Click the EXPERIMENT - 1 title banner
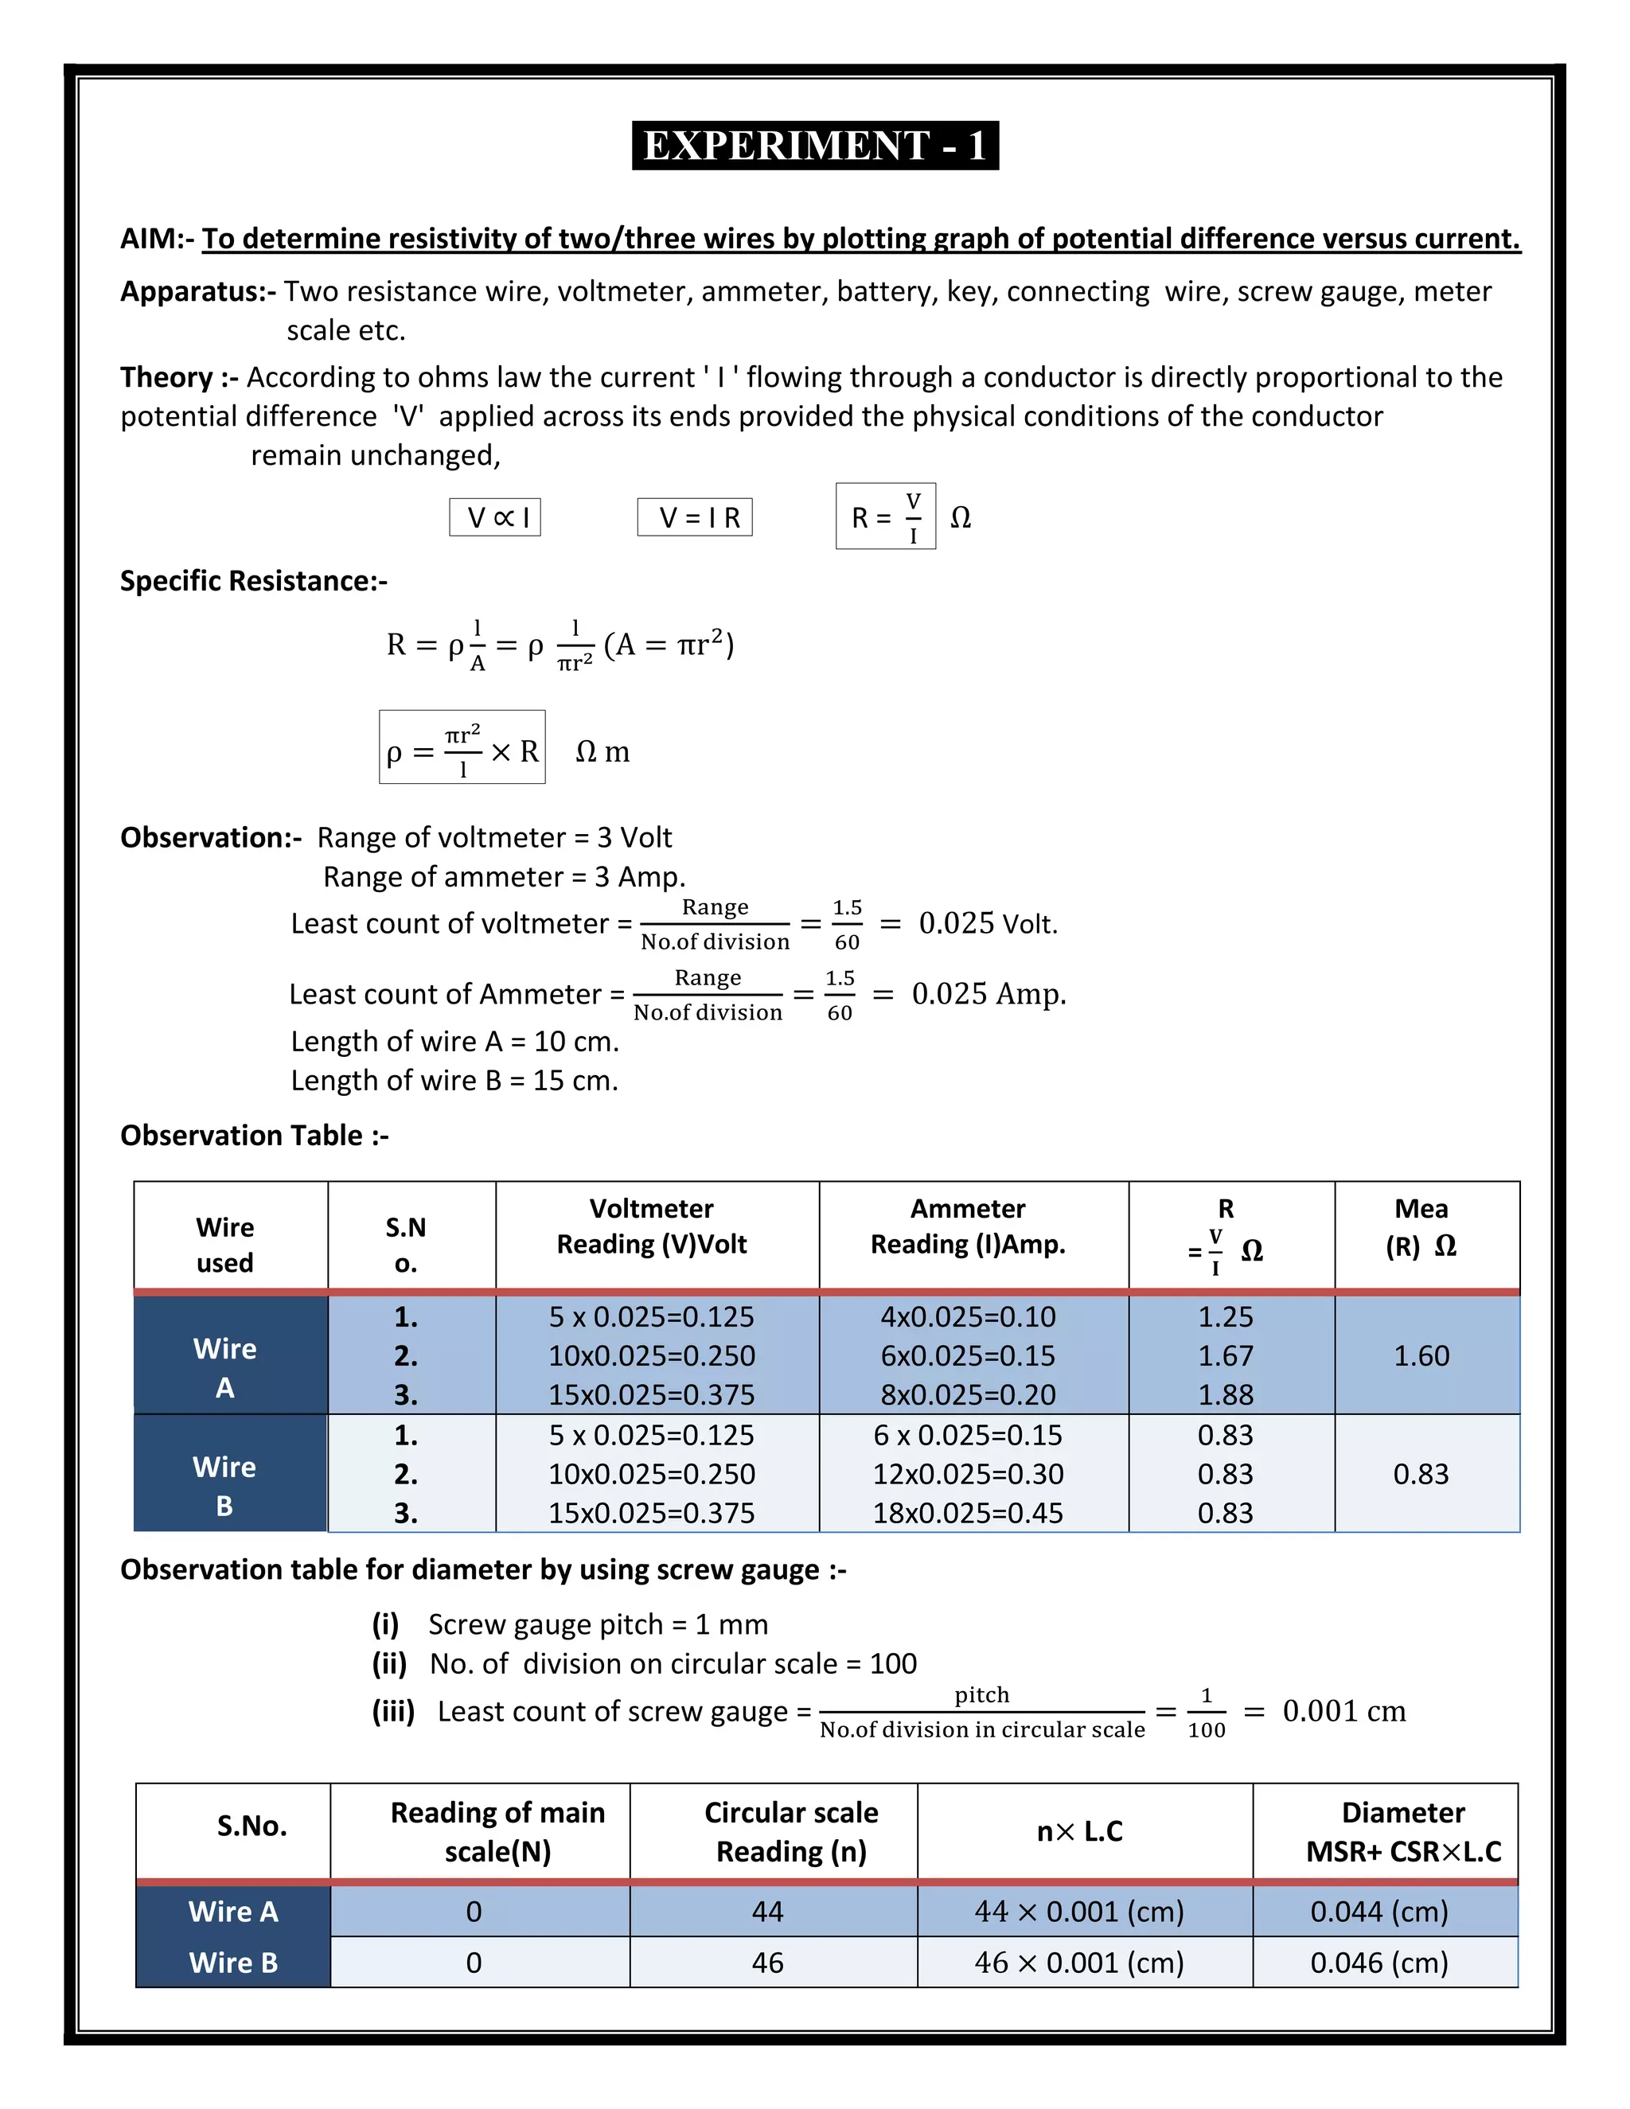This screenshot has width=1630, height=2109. (x=815, y=146)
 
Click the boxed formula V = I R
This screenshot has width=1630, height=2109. (x=694, y=517)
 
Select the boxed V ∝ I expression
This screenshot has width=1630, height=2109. (x=494, y=517)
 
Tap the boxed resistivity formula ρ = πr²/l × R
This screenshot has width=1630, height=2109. (x=462, y=748)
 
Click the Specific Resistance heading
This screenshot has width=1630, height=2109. (x=253, y=581)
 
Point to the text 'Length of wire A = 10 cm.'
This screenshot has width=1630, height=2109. (x=454, y=1041)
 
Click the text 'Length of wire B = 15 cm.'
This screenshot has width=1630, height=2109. (x=454, y=1081)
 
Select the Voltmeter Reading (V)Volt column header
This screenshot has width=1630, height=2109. (x=652, y=1226)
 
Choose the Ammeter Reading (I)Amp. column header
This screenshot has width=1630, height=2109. (x=968, y=1226)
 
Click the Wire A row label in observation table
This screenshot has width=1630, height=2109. (x=225, y=1366)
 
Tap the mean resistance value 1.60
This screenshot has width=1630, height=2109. (x=1421, y=1356)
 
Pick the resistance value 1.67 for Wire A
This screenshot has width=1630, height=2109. (x=1224, y=1356)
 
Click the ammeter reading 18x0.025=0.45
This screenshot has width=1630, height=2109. (x=968, y=1513)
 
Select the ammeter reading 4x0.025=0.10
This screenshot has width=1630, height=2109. (x=968, y=1317)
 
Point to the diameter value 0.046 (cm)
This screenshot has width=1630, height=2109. (x=1378, y=1963)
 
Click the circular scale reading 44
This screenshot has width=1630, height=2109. (x=768, y=1912)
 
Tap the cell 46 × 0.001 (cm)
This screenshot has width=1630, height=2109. (x=1078, y=1963)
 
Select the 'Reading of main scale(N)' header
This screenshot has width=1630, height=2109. (x=497, y=1832)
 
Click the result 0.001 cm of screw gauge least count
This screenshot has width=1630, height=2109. (x=1343, y=1711)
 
